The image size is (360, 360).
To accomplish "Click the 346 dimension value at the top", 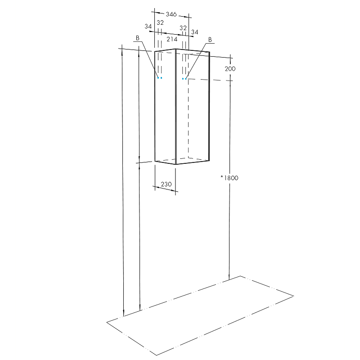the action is point(171,14).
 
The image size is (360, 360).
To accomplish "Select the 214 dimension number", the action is point(172,39).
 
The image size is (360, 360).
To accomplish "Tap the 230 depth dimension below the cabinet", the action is point(166,184).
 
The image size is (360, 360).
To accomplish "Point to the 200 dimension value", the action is point(230,69).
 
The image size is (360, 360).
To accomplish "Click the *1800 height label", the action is point(229,178).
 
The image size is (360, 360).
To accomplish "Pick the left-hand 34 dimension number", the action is point(148,27).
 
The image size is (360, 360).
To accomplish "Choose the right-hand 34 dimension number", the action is point(194,32).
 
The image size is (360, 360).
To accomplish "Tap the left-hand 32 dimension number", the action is point(160,22).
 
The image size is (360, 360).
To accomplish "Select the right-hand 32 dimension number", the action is point(183,28).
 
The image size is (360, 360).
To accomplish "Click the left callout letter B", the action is point(138,38).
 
